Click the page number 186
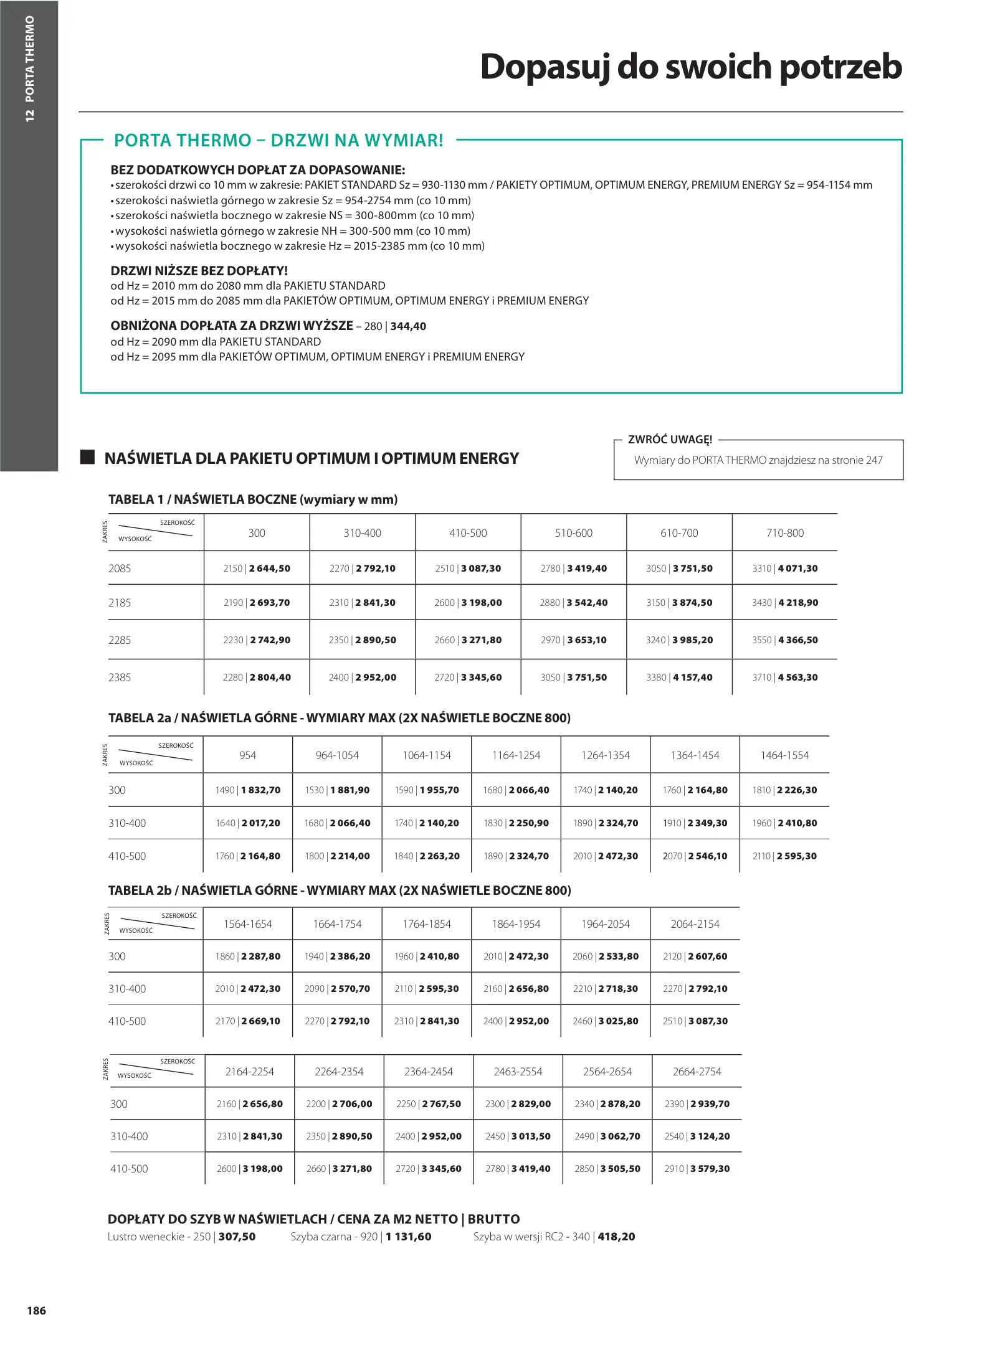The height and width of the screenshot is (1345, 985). pyautogui.click(x=36, y=1310)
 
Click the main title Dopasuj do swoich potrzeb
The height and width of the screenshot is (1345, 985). pyautogui.click(x=690, y=67)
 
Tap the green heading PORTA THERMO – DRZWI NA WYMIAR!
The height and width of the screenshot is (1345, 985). pyautogui.click(x=278, y=141)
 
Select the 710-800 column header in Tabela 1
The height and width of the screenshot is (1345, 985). pyautogui.click(x=784, y=533)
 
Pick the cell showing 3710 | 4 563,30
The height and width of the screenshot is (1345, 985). pyautogui.click(x=784, y=677)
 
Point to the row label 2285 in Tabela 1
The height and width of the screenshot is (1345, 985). pyautogui.click(x=120, y=640)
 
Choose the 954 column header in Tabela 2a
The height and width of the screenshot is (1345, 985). pyautogui.click(x=247, y=755)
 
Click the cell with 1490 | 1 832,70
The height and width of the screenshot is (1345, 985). pyautogui.click(x=247, y=790)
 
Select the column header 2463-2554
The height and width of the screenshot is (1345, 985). pyautogui.click(x=518, y=1072)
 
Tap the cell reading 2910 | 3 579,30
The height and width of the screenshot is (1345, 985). pyautogui.click(x=697, y=1169)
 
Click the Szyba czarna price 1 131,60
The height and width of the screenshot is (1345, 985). pyautogui.click(x=408, y=1237)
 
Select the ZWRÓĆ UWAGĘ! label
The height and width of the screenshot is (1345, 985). pyautogui.click(x=670, y=440)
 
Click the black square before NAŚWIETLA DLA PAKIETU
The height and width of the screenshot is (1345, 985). pyautogui.click(x=88, y=458)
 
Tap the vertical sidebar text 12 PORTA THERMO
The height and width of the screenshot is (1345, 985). pyautogui.click(x=29, y=68)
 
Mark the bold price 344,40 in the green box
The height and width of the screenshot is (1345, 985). pyautogui.click(x=408, y=326)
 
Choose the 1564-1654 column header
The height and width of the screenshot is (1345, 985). pyautogui.click(x=247, y=924)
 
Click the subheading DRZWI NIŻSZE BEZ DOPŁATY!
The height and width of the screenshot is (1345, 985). pyautogui.click(x=199, y=271)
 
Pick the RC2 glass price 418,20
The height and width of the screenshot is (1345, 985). pyautogui.click(x=616, y=1237)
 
